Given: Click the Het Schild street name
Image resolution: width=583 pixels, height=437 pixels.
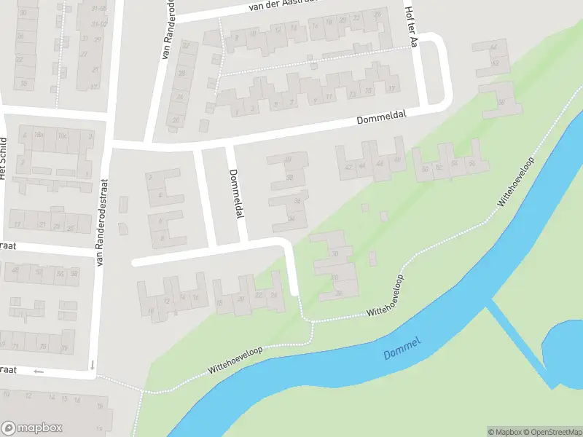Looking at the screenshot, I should pyautogui.click(x=4, y=158).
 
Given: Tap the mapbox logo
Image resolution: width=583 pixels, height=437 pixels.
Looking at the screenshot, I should pyautogui.click(x=32, y=428).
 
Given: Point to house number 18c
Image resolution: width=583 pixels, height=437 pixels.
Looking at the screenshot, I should pyautogui.click(x=63, y=136).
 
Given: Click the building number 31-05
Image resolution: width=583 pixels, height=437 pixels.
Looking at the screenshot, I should pyautogui.click(x=98, y=8).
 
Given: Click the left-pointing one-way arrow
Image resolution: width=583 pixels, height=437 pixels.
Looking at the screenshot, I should pyautogui.click(x=39, y=371).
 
